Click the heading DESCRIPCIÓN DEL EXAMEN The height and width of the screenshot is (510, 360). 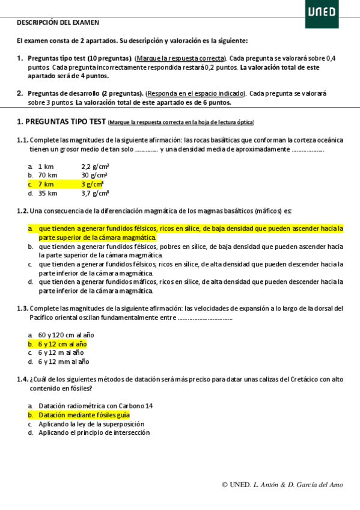(58, 22)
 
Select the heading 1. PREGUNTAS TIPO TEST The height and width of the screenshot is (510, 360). (62, 121)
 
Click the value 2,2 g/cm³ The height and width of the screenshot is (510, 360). (95, 166)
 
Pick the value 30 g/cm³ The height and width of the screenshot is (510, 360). (94, 175)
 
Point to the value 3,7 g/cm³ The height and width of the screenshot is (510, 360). (95, 193)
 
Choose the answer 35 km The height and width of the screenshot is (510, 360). (47, 193)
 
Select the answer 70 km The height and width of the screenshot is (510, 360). (47, 175)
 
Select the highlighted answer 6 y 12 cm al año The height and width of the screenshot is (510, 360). (63, 344)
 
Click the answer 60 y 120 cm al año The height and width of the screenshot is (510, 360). (66, 335)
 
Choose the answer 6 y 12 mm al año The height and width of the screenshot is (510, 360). (64, 362)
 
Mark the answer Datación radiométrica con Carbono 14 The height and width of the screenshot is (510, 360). (96, 406)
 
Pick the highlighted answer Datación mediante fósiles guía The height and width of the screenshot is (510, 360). (84, 415)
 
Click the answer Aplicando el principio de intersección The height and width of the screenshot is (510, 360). (94, 432)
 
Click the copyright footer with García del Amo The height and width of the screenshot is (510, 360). (282, 485)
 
